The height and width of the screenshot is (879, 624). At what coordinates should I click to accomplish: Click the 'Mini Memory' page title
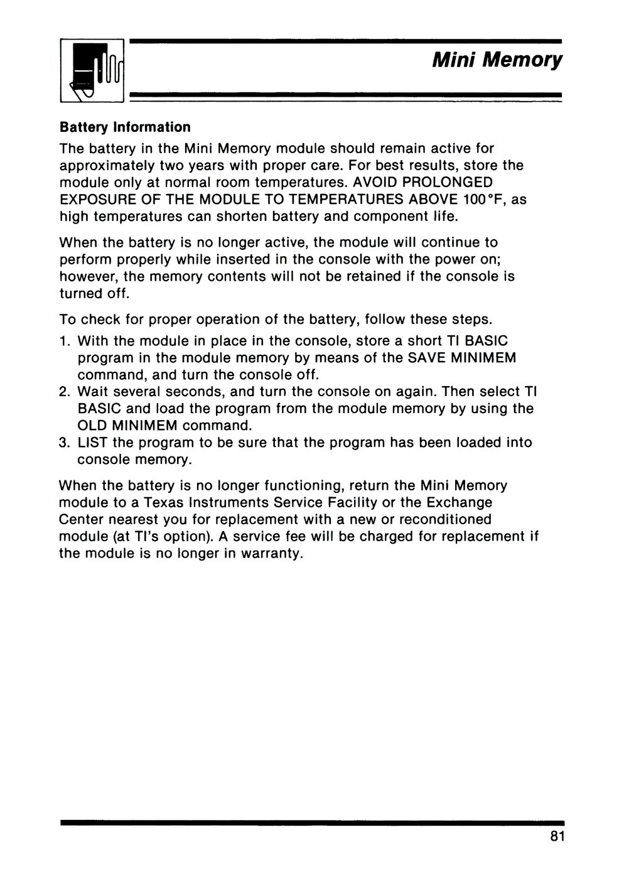(497, 61)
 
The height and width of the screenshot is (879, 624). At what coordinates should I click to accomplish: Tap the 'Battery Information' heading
(124, 127)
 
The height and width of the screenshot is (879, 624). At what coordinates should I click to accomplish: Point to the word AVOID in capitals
(378, 183)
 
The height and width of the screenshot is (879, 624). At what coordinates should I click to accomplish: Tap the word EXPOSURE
(95, 200)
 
